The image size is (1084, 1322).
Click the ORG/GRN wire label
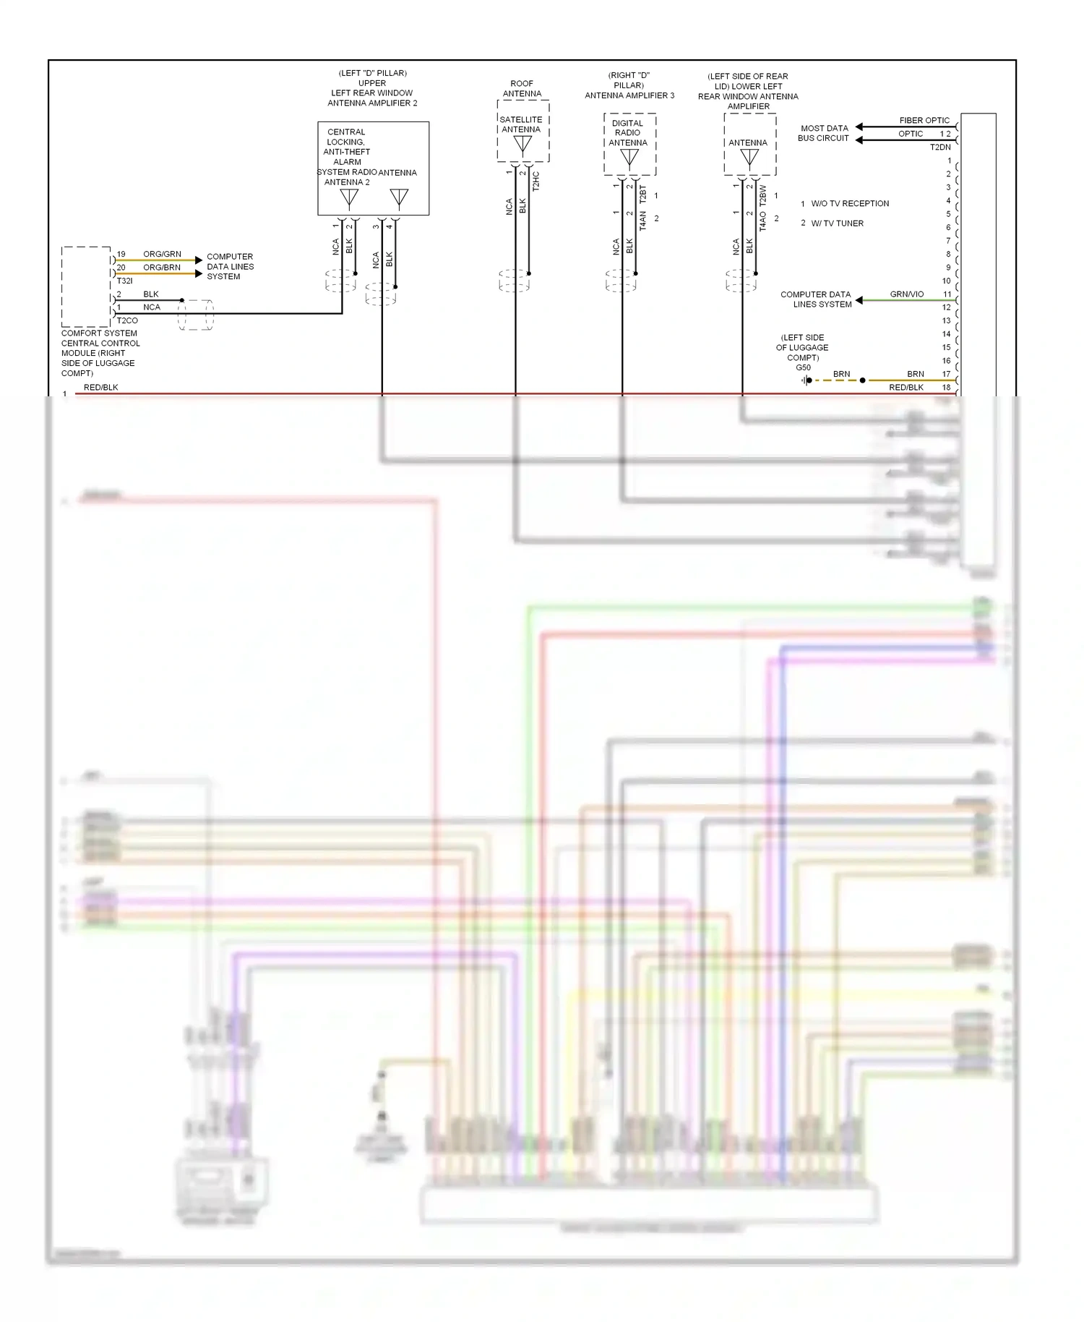[x=162, y=254]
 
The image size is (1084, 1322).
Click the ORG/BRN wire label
[x=162, y=268]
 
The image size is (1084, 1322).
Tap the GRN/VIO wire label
[x=906, y=294]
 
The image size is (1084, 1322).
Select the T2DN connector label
[x=940, y=148]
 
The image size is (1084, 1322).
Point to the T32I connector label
[x=124, y=281]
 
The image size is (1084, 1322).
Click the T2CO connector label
[x=127, y=320]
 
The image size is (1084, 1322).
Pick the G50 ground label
[x=803, y=367]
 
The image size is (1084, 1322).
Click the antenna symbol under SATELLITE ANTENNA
[x=522, y=145]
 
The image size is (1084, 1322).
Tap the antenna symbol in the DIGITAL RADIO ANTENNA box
[x=629, y=157]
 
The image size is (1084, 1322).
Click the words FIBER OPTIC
[x=924, y=121]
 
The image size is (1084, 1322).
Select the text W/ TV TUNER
[x=837, y=223]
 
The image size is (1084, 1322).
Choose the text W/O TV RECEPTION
[x=850, y=204]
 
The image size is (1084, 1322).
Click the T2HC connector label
[x=535, y=181]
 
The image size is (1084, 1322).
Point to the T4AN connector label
[x=642, y=226]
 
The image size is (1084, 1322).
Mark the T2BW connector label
[x=762, y=196]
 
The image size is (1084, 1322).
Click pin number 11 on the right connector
[x=947, y=294]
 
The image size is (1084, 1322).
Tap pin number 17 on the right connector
[x=947, y=374]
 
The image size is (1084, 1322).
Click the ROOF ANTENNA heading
[x=522, y=89]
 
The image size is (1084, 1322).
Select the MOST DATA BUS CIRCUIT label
[x=824, y=133]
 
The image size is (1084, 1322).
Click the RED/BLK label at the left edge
[x=100, y=388]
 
